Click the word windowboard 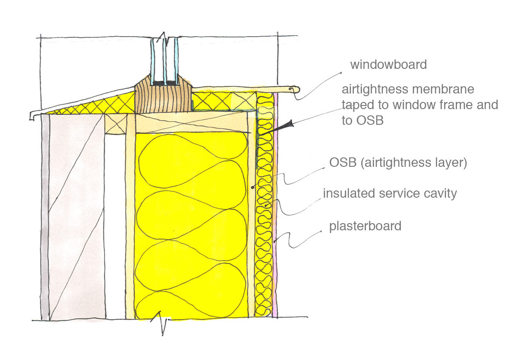coord(388,65)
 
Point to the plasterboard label coord(365,226)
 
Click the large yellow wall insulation coord(192,224)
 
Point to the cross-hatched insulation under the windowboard coord(224,100)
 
